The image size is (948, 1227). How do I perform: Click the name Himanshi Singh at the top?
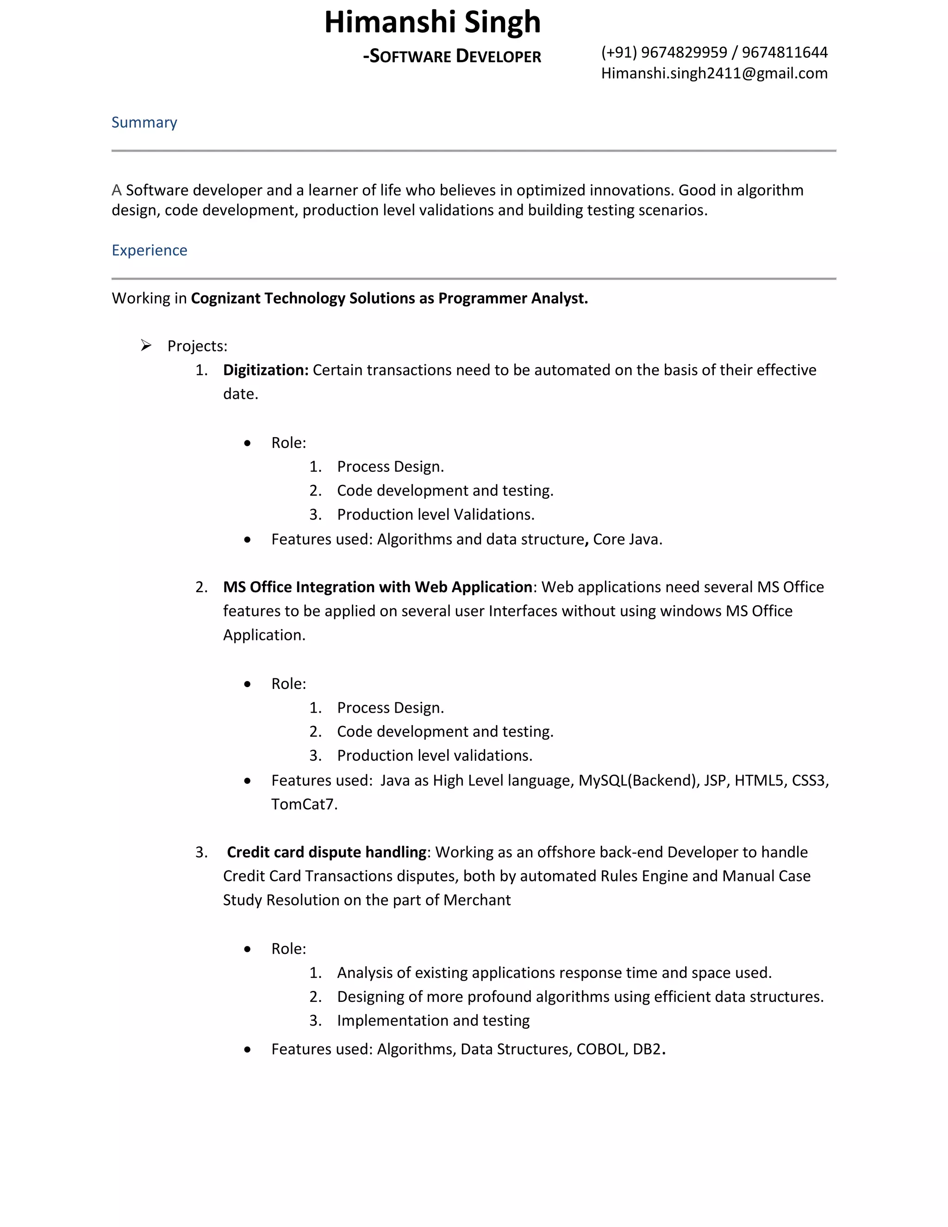point(432,23)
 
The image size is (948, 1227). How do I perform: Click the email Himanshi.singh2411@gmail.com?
point(714,73)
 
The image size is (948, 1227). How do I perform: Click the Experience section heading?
point(149,250)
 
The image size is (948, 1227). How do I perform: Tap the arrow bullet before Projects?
point(146,345)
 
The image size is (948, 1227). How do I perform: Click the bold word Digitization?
point(265,369)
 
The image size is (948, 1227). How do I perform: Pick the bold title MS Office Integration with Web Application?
point(377,587)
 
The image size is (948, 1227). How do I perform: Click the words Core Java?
point(627,539)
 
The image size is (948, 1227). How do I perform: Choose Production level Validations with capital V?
point(435,514)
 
